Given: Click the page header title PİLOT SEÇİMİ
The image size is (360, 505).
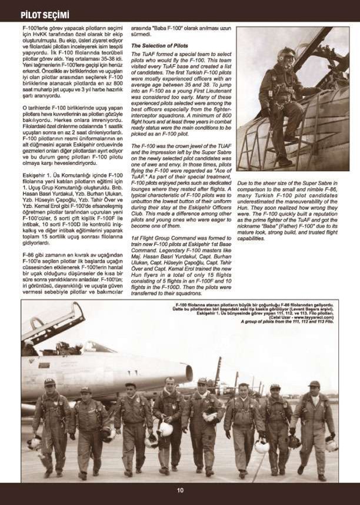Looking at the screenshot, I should click(45, 14).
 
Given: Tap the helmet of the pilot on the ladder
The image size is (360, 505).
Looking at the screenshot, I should click(286, 56).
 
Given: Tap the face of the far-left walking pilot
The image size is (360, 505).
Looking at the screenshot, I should click(49, 389).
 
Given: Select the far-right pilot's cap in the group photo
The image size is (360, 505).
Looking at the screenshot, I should click(314, 384).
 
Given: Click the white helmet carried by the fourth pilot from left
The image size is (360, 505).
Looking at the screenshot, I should click(166, 429).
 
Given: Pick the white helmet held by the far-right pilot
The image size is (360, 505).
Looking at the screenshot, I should click(331, 444).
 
